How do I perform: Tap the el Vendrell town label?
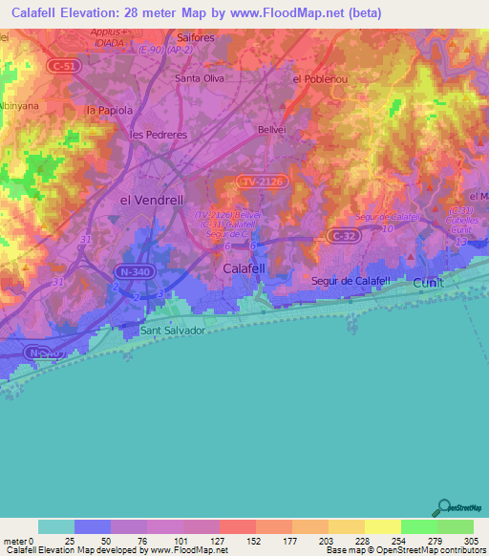point(150,200)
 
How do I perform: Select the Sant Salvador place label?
point(173,331)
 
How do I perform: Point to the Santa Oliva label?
point(199,78)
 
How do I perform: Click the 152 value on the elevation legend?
point(255,540)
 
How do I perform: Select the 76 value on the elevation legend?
point(146,540)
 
